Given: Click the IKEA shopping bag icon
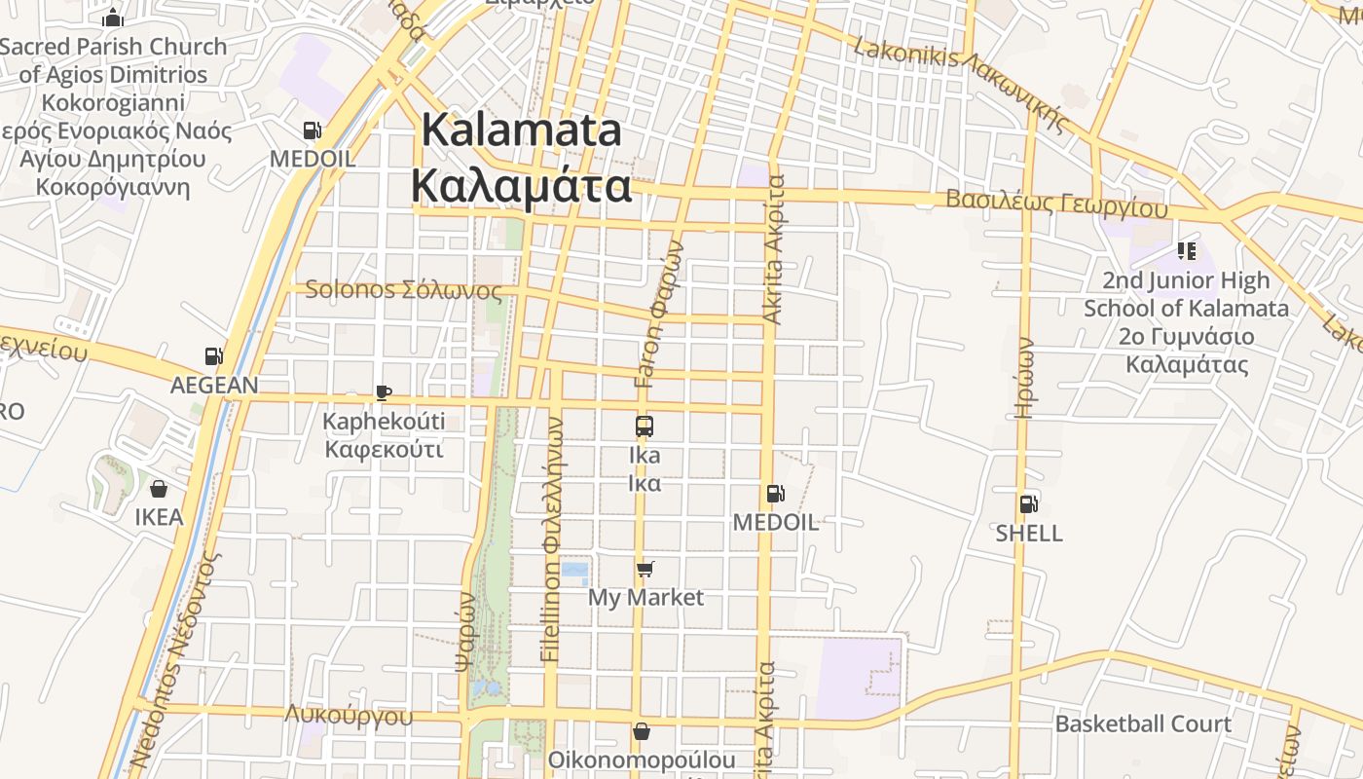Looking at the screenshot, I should [159, 488].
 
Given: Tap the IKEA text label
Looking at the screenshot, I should [159, 516].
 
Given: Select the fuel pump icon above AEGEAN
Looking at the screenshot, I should [214, 356].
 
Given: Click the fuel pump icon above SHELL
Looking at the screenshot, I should [1029, 503].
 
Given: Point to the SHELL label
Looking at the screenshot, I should [1029, 533].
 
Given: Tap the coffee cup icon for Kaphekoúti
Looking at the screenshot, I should [384, 392].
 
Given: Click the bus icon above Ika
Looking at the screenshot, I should [645, 426].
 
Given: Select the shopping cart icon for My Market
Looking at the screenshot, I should [645, 568].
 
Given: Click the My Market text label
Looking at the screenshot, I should [645, 597].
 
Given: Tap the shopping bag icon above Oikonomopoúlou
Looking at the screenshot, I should [642, 730].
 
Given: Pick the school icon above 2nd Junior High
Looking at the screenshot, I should [1186, 251].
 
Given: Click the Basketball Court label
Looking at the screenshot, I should [1143, 723].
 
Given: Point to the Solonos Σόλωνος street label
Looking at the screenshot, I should [404, 290].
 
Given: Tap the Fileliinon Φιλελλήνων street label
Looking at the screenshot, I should [551, 540].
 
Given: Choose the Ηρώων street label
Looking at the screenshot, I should [1024, 378].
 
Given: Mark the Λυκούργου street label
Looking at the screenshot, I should [349, 716].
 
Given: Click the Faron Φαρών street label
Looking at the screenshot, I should [662, 315].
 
